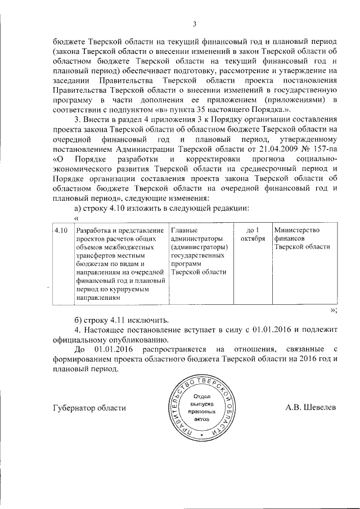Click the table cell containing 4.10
click(61, 231)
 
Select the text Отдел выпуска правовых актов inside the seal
click(201, 407)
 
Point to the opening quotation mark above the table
click(76, 218)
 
